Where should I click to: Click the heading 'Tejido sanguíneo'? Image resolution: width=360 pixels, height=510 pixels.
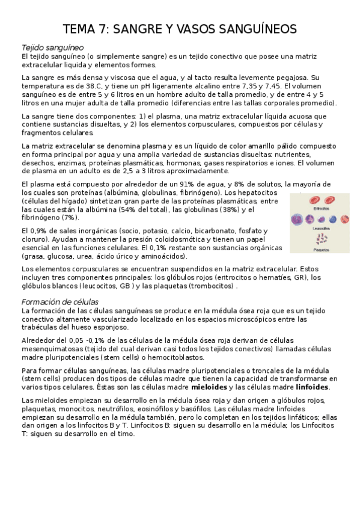pyautogui.click(x=52, y=47)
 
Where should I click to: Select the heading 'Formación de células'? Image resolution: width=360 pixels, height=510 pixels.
pyautogui.click(x=60, y=301)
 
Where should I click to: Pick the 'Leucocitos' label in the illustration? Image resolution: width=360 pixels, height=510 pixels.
pyautogui.click(x=320, y=229)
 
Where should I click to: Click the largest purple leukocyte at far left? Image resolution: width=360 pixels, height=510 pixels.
pyautogui.click(x=297, y=220)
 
